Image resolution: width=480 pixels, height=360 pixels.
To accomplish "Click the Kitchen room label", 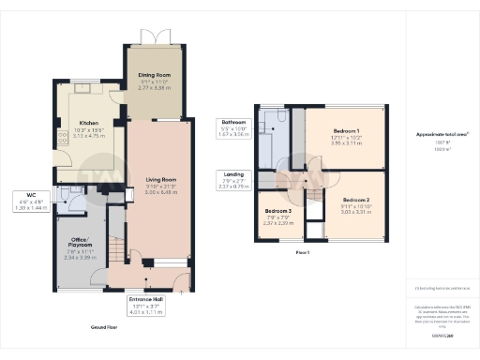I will coord(89,122).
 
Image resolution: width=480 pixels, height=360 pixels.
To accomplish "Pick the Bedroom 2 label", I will coord(357,201).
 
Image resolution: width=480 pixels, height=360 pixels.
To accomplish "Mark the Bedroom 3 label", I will coord(278,212).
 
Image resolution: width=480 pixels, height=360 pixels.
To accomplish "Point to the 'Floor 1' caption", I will coord(303,253).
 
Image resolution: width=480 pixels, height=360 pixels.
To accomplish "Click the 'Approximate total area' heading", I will coord(442,134).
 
